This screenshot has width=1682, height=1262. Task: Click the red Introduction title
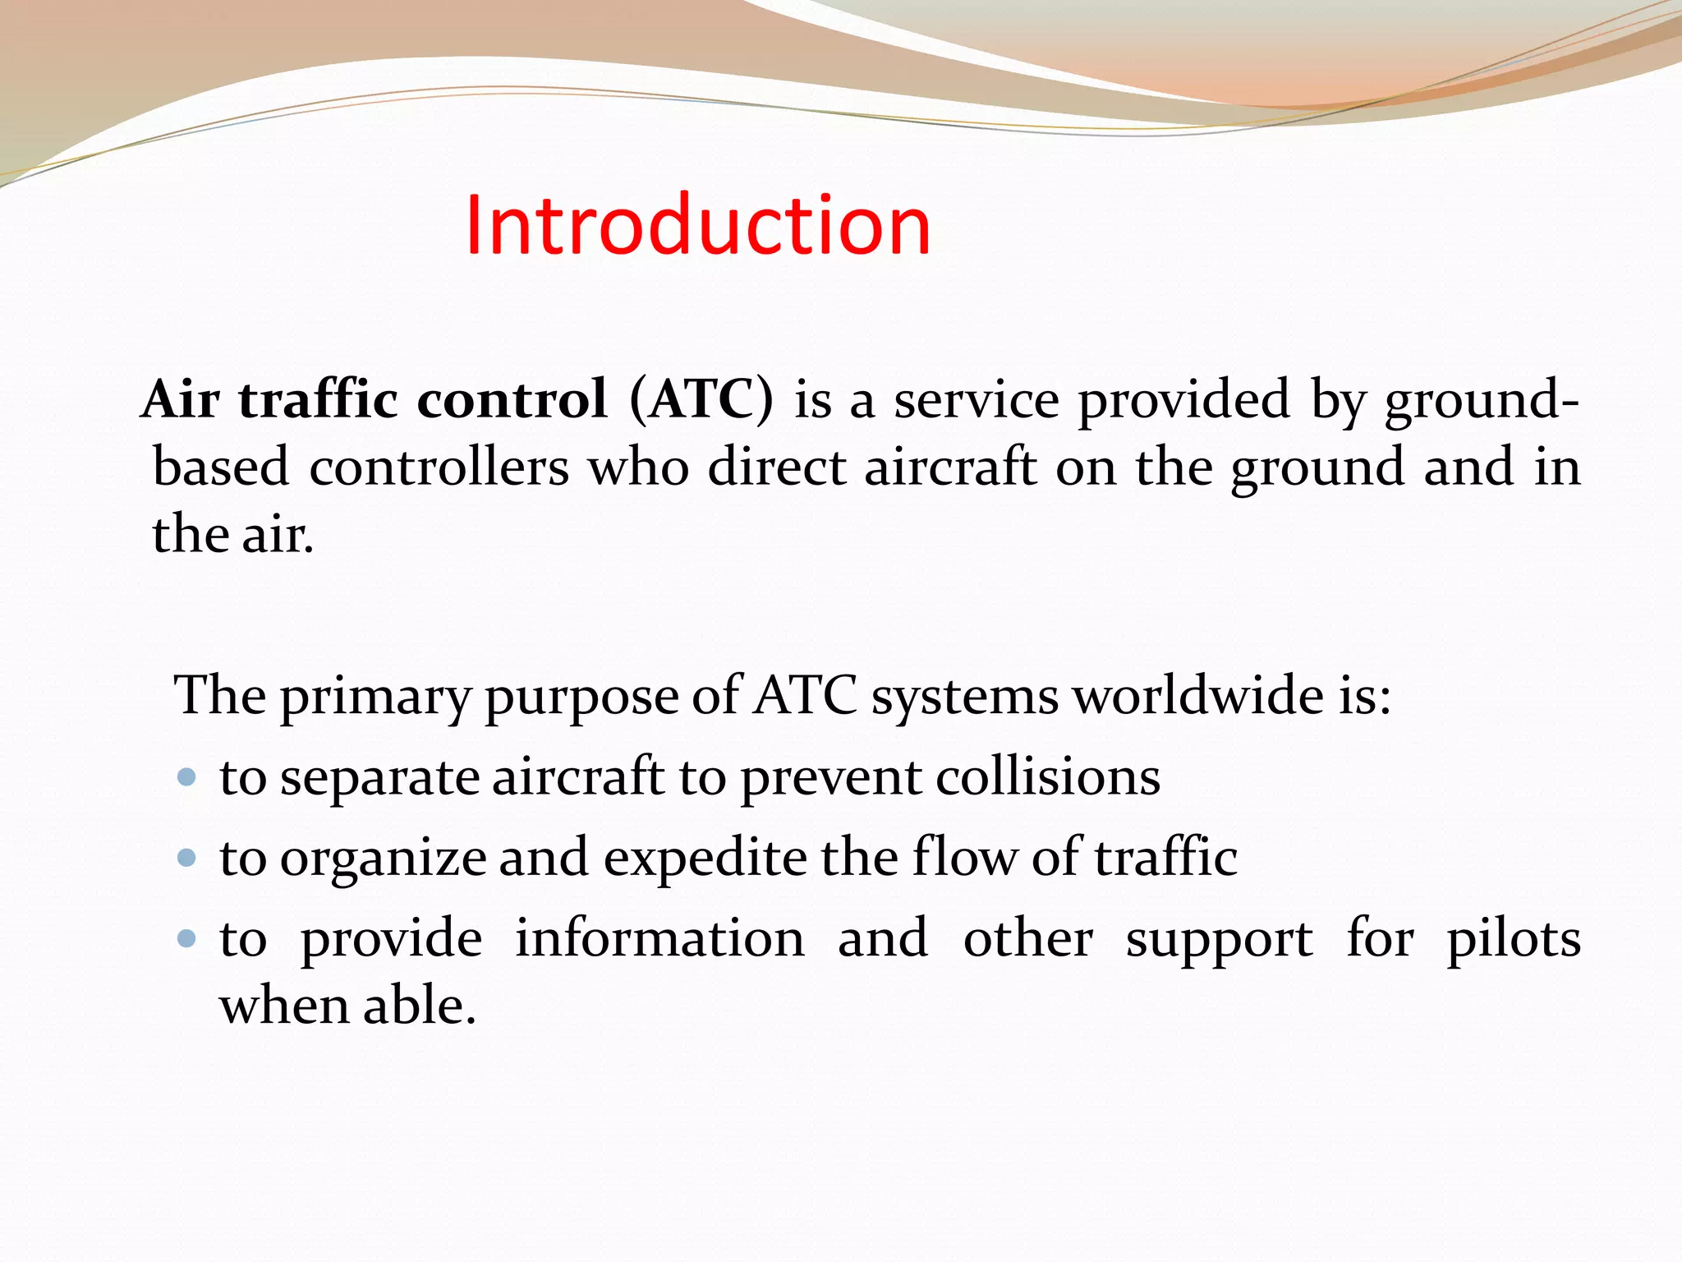pos(698,224)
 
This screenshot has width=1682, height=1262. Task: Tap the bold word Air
pos(181,400)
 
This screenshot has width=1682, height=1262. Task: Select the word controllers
pos(439,467)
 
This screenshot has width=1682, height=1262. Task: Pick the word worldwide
pos(1199,696)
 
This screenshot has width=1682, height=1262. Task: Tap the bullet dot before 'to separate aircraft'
pos(187,776)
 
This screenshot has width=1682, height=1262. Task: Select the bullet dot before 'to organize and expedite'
pos(187,858)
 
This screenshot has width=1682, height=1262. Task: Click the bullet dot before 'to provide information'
pos(187,937)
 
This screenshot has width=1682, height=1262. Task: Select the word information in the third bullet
pos(659,937)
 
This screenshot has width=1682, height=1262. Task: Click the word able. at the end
pos(419,1005)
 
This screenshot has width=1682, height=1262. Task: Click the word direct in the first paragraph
pos(776,467)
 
